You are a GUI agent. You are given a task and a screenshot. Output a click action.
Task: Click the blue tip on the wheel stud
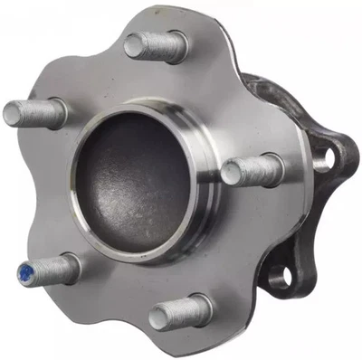tap(24, 270)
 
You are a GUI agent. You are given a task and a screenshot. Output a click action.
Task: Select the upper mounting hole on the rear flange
tap(321, 162)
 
